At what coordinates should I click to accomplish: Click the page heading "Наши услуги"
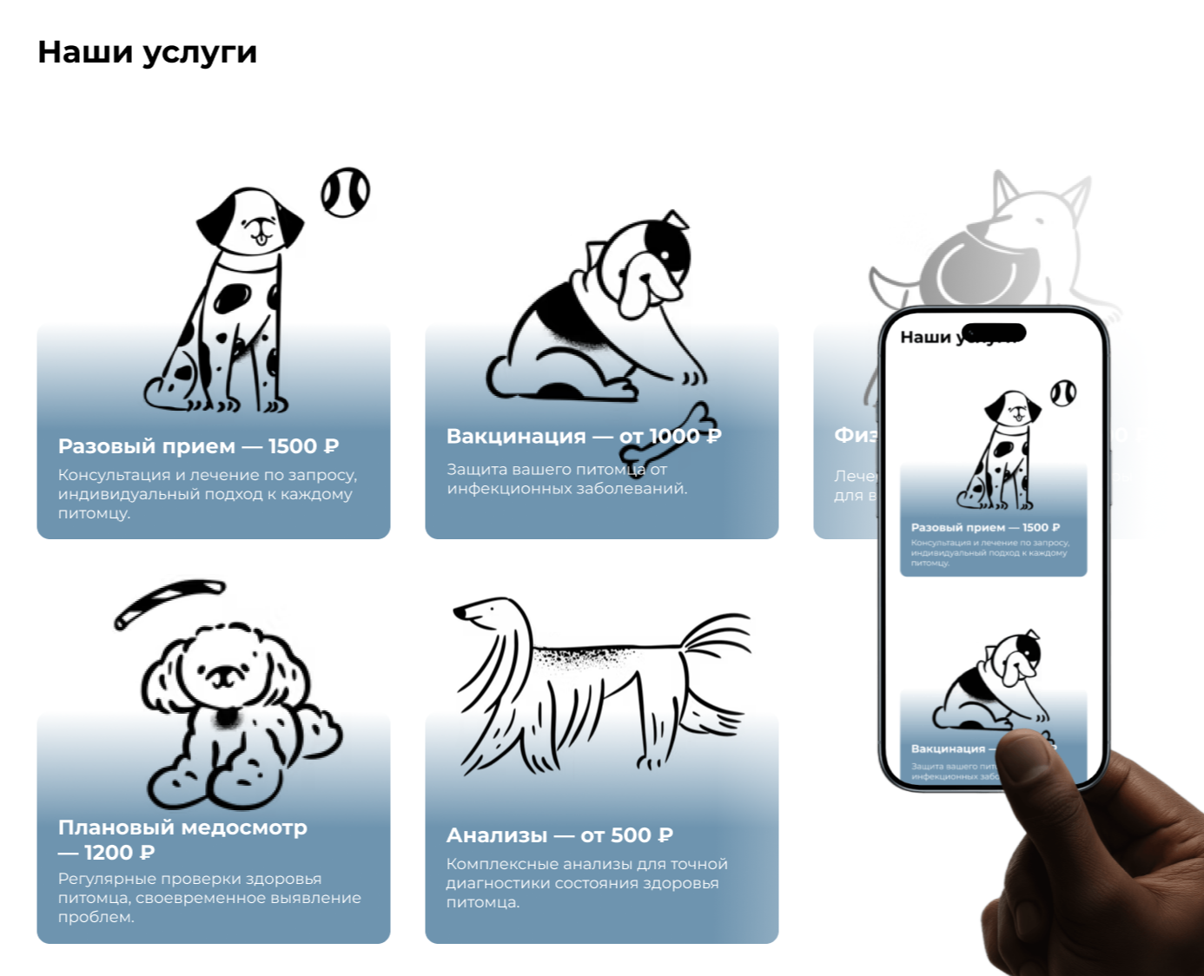(147, 53)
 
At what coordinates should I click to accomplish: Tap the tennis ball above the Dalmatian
(345, 192)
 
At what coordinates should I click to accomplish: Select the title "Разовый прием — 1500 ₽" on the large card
(198, 446)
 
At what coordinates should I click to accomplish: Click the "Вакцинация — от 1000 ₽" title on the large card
(583, 436)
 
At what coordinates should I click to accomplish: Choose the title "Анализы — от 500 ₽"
(559, 835)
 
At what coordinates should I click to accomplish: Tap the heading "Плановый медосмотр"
(182, 828)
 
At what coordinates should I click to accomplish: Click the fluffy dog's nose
(223, 672)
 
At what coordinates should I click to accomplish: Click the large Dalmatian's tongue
(259, 238)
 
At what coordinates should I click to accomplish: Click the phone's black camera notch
(994, 333)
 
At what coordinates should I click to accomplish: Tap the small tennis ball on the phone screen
(1062, 393)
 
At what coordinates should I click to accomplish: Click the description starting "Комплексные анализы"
(586, 883)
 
